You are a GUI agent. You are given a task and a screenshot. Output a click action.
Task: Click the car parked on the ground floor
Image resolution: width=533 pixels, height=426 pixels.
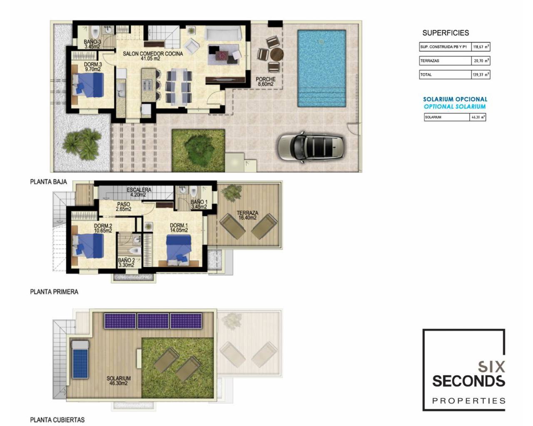point(311,147)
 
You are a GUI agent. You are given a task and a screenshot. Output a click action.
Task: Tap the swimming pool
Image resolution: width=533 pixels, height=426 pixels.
point(321,69)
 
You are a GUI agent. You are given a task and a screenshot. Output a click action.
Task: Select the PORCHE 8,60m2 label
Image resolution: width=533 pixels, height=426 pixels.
point(266,82)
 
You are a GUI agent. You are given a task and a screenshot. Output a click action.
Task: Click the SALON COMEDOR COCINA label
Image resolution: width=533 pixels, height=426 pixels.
point(153,54)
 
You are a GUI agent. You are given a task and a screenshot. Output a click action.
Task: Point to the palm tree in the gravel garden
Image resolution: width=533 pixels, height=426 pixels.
point(82,143)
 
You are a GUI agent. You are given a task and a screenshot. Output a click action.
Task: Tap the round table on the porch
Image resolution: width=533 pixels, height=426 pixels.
point(276,54)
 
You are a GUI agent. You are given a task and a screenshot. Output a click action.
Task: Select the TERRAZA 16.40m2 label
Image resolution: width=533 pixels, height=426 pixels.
point(247,215)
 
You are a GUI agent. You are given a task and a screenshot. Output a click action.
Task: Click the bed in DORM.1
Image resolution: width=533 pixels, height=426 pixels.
point(179,250)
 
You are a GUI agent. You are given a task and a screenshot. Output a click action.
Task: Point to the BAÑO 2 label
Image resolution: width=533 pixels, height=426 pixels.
point(126,260)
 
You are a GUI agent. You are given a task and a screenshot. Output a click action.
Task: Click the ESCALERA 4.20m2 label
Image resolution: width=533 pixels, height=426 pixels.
point(139,192)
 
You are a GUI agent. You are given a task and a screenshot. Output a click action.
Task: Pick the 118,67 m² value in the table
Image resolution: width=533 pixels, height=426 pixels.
point(481,47)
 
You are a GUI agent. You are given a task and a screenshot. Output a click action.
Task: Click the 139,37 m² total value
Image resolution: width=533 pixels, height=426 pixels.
point(481,74)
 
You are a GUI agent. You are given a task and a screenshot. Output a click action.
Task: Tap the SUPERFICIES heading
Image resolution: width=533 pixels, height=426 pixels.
point(446,33)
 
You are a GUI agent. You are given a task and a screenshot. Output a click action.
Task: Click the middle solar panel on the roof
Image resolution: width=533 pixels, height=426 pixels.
point(153,321)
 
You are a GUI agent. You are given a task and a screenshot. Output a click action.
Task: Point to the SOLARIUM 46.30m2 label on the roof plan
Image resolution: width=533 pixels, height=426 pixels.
point(118,381)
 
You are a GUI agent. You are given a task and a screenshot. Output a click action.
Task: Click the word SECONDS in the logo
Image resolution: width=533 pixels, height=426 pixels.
point(468,381)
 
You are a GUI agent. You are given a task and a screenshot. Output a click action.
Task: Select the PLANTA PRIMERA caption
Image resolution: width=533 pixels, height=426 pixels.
point(54,292)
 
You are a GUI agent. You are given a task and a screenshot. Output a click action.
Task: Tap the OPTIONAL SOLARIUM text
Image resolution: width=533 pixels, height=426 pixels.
point(455,106)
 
